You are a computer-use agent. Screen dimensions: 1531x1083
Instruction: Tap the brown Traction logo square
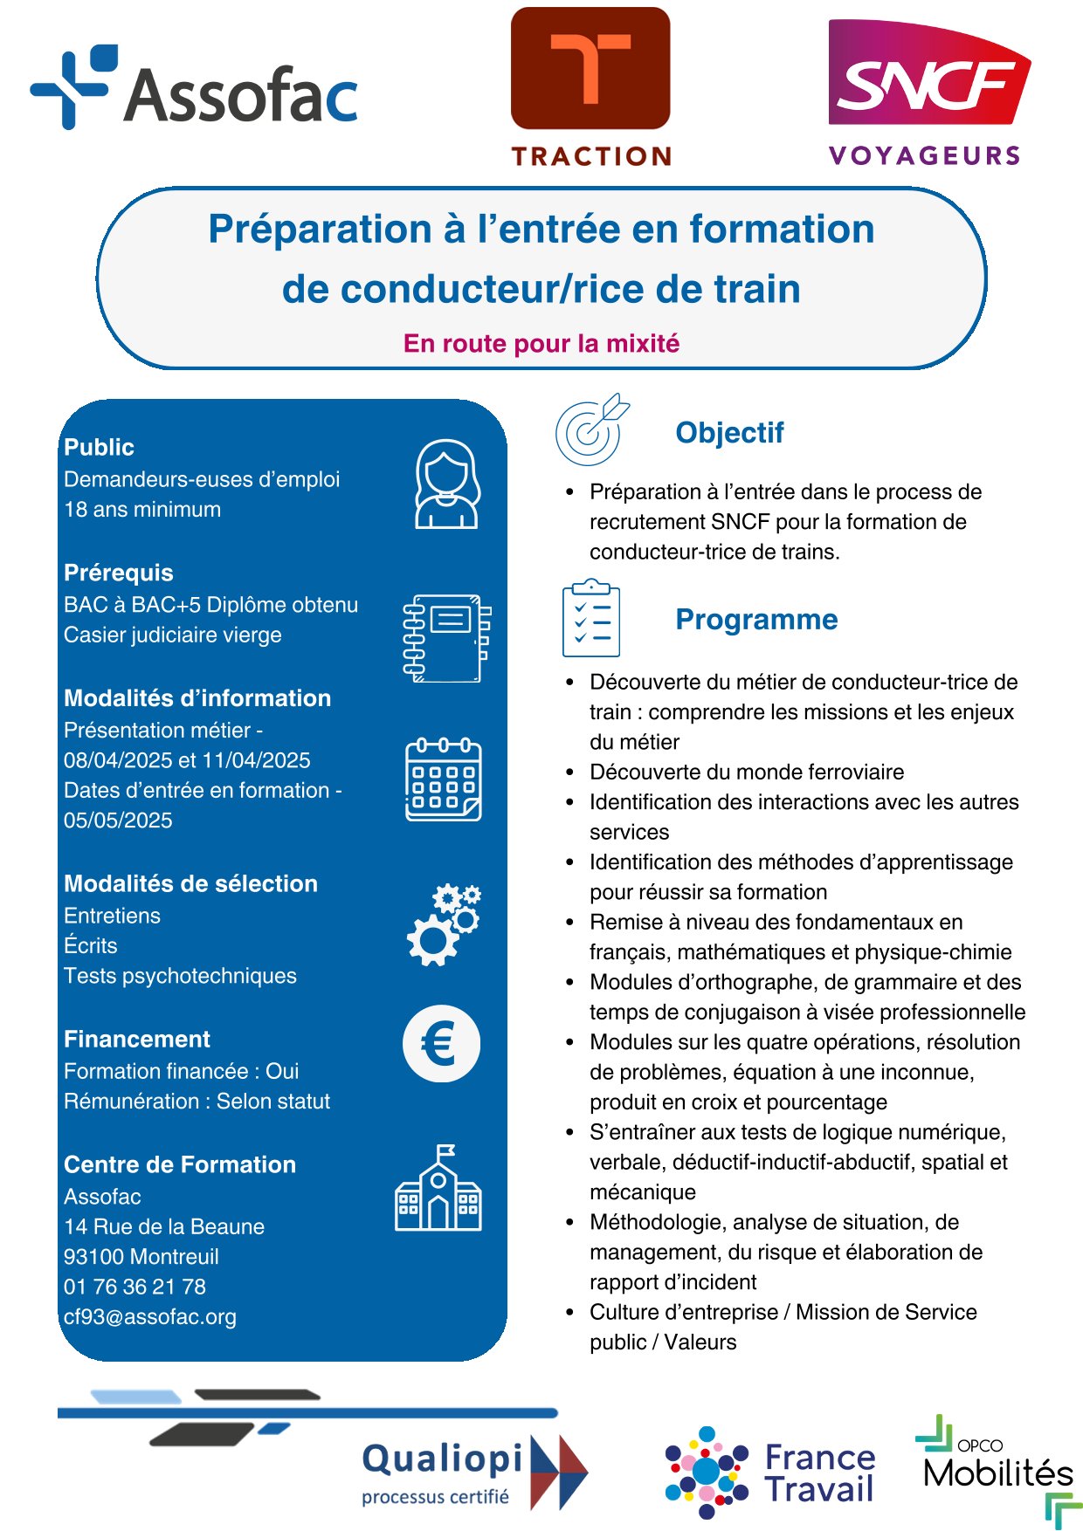tap(590, 68)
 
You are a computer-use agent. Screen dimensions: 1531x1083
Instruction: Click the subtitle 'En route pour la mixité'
tap(541, 343)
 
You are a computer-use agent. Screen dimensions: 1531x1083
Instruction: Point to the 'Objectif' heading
tap(729, 432)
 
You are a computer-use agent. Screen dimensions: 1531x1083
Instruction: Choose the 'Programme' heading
tap(756, 619)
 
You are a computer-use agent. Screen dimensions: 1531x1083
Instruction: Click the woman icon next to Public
tap(446, 484)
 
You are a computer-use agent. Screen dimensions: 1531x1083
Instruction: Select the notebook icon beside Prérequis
tap(446, 638)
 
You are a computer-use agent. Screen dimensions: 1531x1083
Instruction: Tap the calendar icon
tap(444, 779)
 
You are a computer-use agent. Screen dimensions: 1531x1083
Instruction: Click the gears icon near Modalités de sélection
tap(444, 924)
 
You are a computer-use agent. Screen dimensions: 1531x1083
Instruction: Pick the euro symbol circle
tap(442, 1044)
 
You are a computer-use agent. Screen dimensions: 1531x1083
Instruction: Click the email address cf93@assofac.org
tap(150, 1316)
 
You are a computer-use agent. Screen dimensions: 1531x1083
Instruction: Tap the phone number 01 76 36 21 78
tap(135, 1287)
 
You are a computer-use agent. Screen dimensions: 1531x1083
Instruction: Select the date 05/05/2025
tap(118, 820)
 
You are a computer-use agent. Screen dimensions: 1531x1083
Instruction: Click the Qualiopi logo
tap(472, 1472)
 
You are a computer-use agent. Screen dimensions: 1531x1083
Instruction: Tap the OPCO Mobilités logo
tap(998, 1466)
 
